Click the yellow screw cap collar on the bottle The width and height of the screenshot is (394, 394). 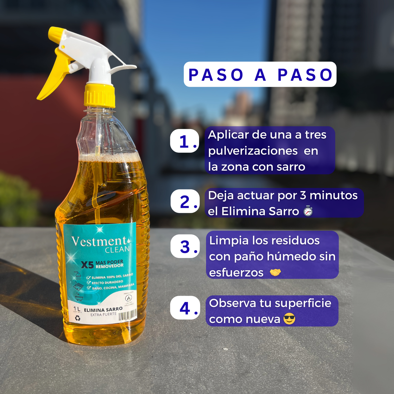99,95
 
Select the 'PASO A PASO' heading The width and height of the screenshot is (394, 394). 260,74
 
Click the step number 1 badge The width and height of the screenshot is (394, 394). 185,141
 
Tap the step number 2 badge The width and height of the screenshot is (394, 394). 185,201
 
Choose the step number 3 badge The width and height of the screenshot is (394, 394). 185,246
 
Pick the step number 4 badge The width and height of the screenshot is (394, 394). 185,308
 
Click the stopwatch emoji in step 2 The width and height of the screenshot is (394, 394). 308,211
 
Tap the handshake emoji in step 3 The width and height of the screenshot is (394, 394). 275,272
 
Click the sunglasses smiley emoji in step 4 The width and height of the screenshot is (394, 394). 289,319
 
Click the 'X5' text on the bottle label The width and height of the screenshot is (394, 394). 87,265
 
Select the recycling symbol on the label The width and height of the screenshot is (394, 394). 78,318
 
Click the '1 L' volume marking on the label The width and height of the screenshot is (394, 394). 77,309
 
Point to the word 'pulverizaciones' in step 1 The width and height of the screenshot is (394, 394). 253,151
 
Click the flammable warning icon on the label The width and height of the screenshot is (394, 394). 128,298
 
